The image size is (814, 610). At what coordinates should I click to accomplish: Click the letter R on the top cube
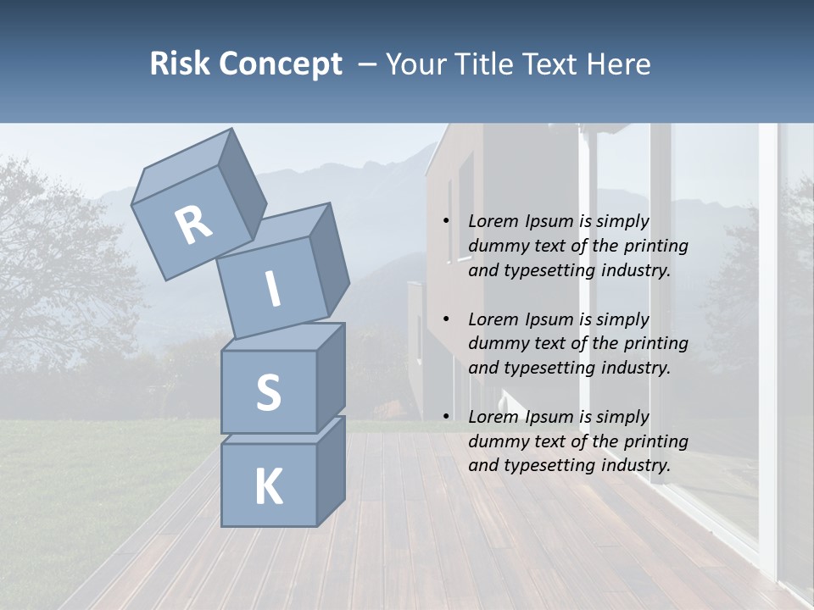point(193,225)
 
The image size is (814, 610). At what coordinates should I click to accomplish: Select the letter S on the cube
point(268,392)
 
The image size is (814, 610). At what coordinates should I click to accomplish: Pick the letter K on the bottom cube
point(268,487)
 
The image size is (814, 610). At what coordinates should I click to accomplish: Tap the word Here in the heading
point(621,64)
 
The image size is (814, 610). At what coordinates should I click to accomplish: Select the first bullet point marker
point(446,221)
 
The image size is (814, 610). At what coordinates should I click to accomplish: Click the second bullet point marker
point(446,319)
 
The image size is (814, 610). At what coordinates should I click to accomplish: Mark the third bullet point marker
point(446,417)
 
